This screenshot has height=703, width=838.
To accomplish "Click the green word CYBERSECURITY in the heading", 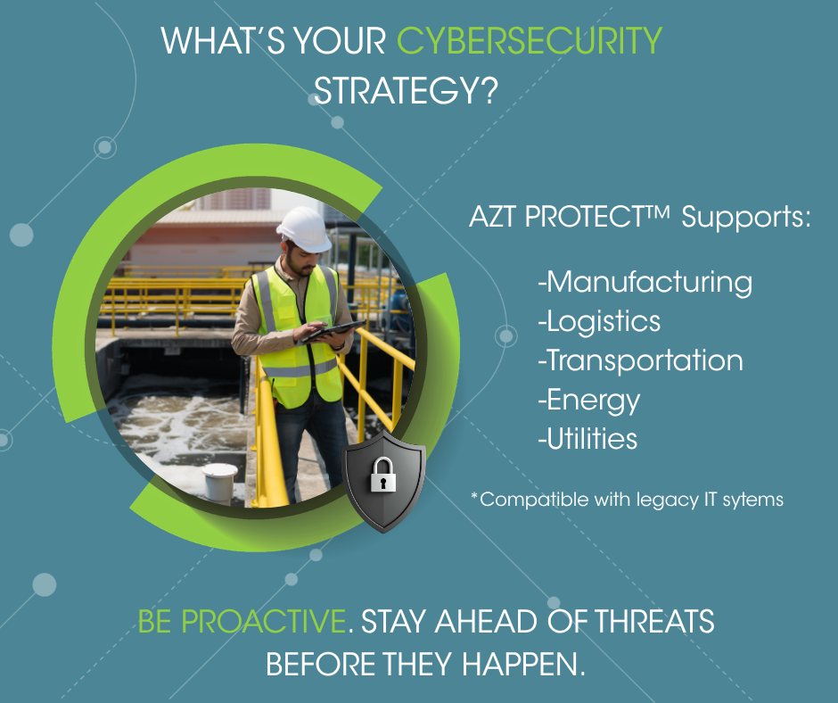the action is tap(529, 41).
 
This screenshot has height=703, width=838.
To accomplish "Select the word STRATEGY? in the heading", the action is tap(406, 90).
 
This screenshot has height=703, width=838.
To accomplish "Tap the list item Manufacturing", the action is tap(645, 282).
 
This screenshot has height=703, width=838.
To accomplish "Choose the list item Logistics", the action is tap(599, 321).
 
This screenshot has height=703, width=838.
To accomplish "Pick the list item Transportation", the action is tap(640, 360).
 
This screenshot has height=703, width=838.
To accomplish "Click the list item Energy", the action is tap(589, 401).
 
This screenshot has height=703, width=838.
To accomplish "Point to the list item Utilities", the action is tap(587, 439).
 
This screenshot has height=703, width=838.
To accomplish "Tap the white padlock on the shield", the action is tap(383, 475).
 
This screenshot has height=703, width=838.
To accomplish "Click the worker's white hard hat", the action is tap(305, 229).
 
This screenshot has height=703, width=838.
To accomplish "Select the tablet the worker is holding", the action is tap(333, 331).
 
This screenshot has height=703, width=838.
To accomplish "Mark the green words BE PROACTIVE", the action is tap(242, 621).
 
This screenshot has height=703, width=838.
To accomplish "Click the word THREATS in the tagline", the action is tap(654, 621).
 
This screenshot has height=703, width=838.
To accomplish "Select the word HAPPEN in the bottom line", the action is tap(519, 664).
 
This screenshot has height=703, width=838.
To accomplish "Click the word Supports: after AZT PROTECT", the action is tap(746, 218).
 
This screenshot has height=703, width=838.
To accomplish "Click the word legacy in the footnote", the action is tap(668, 500).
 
